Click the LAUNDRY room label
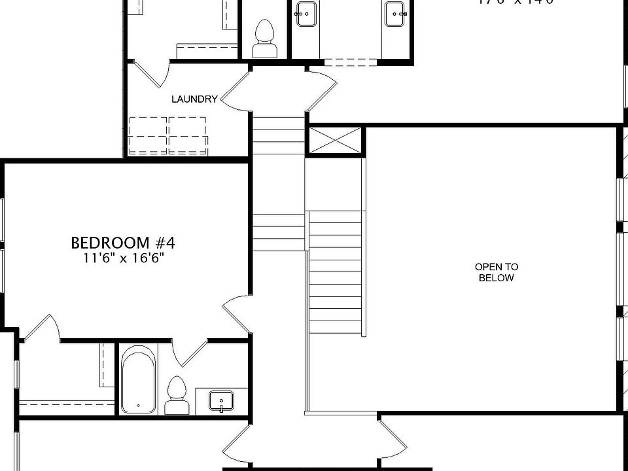click(x=194, y=99)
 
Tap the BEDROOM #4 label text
click(x=123, y=243)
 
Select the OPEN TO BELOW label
click(x=497, y=272)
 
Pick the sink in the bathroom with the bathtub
click(x=222, y=400)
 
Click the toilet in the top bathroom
click(x=264, y=39)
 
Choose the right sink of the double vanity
click(x=394, y=14)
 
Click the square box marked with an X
click(x=334, y=141)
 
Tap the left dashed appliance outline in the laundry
click(x=148, y=135)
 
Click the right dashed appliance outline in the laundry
click(x=188, y=135)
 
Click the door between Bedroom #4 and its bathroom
click(x=190, y=353)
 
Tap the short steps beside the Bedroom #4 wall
click(x=278, y=232)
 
